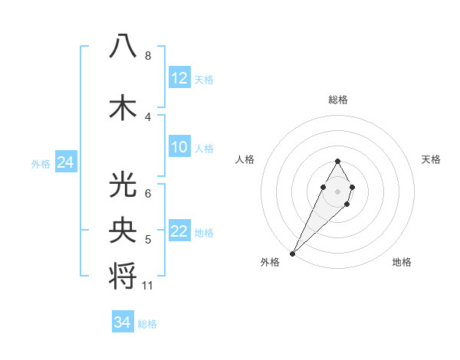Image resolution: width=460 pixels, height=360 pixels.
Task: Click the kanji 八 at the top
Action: point(123,46)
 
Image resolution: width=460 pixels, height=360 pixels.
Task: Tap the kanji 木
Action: point(123,108)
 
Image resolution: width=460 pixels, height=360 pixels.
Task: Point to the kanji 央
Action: point(123,230)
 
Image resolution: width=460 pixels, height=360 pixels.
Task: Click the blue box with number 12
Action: point(179,78)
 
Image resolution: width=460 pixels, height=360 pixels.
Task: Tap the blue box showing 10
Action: point(179,147)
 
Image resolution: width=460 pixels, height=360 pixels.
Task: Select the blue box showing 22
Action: point(179,232)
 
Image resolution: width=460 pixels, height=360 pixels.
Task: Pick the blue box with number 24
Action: point(65,162)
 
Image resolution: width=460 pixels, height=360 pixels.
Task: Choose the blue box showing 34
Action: point(122,322)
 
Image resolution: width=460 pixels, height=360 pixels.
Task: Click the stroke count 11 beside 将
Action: point(148,286)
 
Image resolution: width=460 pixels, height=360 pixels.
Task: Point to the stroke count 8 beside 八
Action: point(147,56)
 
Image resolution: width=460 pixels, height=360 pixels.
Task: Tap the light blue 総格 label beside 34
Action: point(147,324)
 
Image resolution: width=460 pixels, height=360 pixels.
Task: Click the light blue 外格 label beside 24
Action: point(40,164)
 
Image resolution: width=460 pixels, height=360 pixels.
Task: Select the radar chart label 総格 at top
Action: point(337,100)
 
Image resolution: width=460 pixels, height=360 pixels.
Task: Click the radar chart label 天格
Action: point(431,159)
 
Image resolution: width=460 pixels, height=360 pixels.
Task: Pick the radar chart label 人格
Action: point(245,159)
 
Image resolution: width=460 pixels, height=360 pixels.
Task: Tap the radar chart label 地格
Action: point(402,262)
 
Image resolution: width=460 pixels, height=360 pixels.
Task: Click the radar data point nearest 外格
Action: point(292,253)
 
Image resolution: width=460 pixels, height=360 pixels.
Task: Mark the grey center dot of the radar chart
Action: point(337,190)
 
